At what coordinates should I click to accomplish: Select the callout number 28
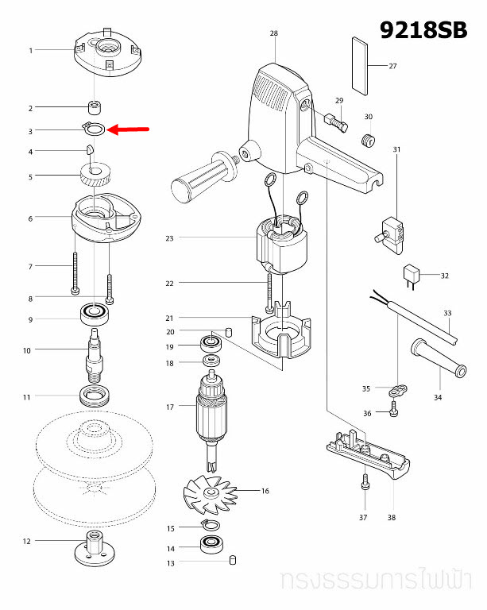[274, 33]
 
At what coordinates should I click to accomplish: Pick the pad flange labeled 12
[92, 549]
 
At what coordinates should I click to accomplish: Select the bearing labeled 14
[212, 546]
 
